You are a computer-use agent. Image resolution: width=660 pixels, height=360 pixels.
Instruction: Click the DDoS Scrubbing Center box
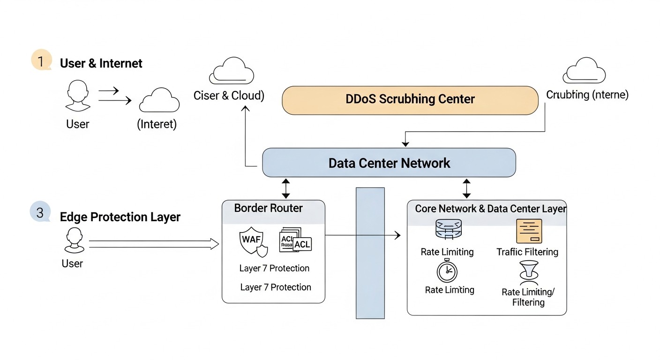click(410, 100)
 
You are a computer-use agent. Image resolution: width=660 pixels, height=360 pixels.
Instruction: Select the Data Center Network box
click(389, 163)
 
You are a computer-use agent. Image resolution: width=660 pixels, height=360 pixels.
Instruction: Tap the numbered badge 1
click(41, 61)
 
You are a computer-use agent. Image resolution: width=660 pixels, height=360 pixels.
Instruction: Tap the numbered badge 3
click(40, 212)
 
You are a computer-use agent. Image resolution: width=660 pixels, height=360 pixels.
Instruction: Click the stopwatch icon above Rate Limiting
click(447, 270)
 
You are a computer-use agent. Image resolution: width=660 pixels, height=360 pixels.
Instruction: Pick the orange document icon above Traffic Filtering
click(529, 231)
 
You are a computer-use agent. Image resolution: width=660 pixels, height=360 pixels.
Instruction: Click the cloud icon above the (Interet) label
click(159, 100)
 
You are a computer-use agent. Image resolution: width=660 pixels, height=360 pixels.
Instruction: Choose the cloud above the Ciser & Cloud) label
click(231, 71)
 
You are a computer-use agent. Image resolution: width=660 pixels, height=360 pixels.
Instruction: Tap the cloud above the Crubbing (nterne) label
click(584, 71)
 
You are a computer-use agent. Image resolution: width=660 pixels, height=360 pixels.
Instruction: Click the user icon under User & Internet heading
click(78, 96)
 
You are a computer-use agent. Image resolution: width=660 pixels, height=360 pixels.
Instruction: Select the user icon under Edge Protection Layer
click(75, 241)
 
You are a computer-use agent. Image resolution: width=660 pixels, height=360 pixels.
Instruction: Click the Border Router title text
click(268, 208)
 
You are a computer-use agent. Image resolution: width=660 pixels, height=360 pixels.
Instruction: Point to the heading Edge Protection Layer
click(120, 217)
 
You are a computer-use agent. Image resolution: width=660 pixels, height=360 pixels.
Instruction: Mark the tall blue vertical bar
click(370, 253)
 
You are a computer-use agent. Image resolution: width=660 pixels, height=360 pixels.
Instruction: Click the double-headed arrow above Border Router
click(285, 188)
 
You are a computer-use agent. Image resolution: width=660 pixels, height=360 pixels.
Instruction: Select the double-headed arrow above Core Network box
click(466, 188)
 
